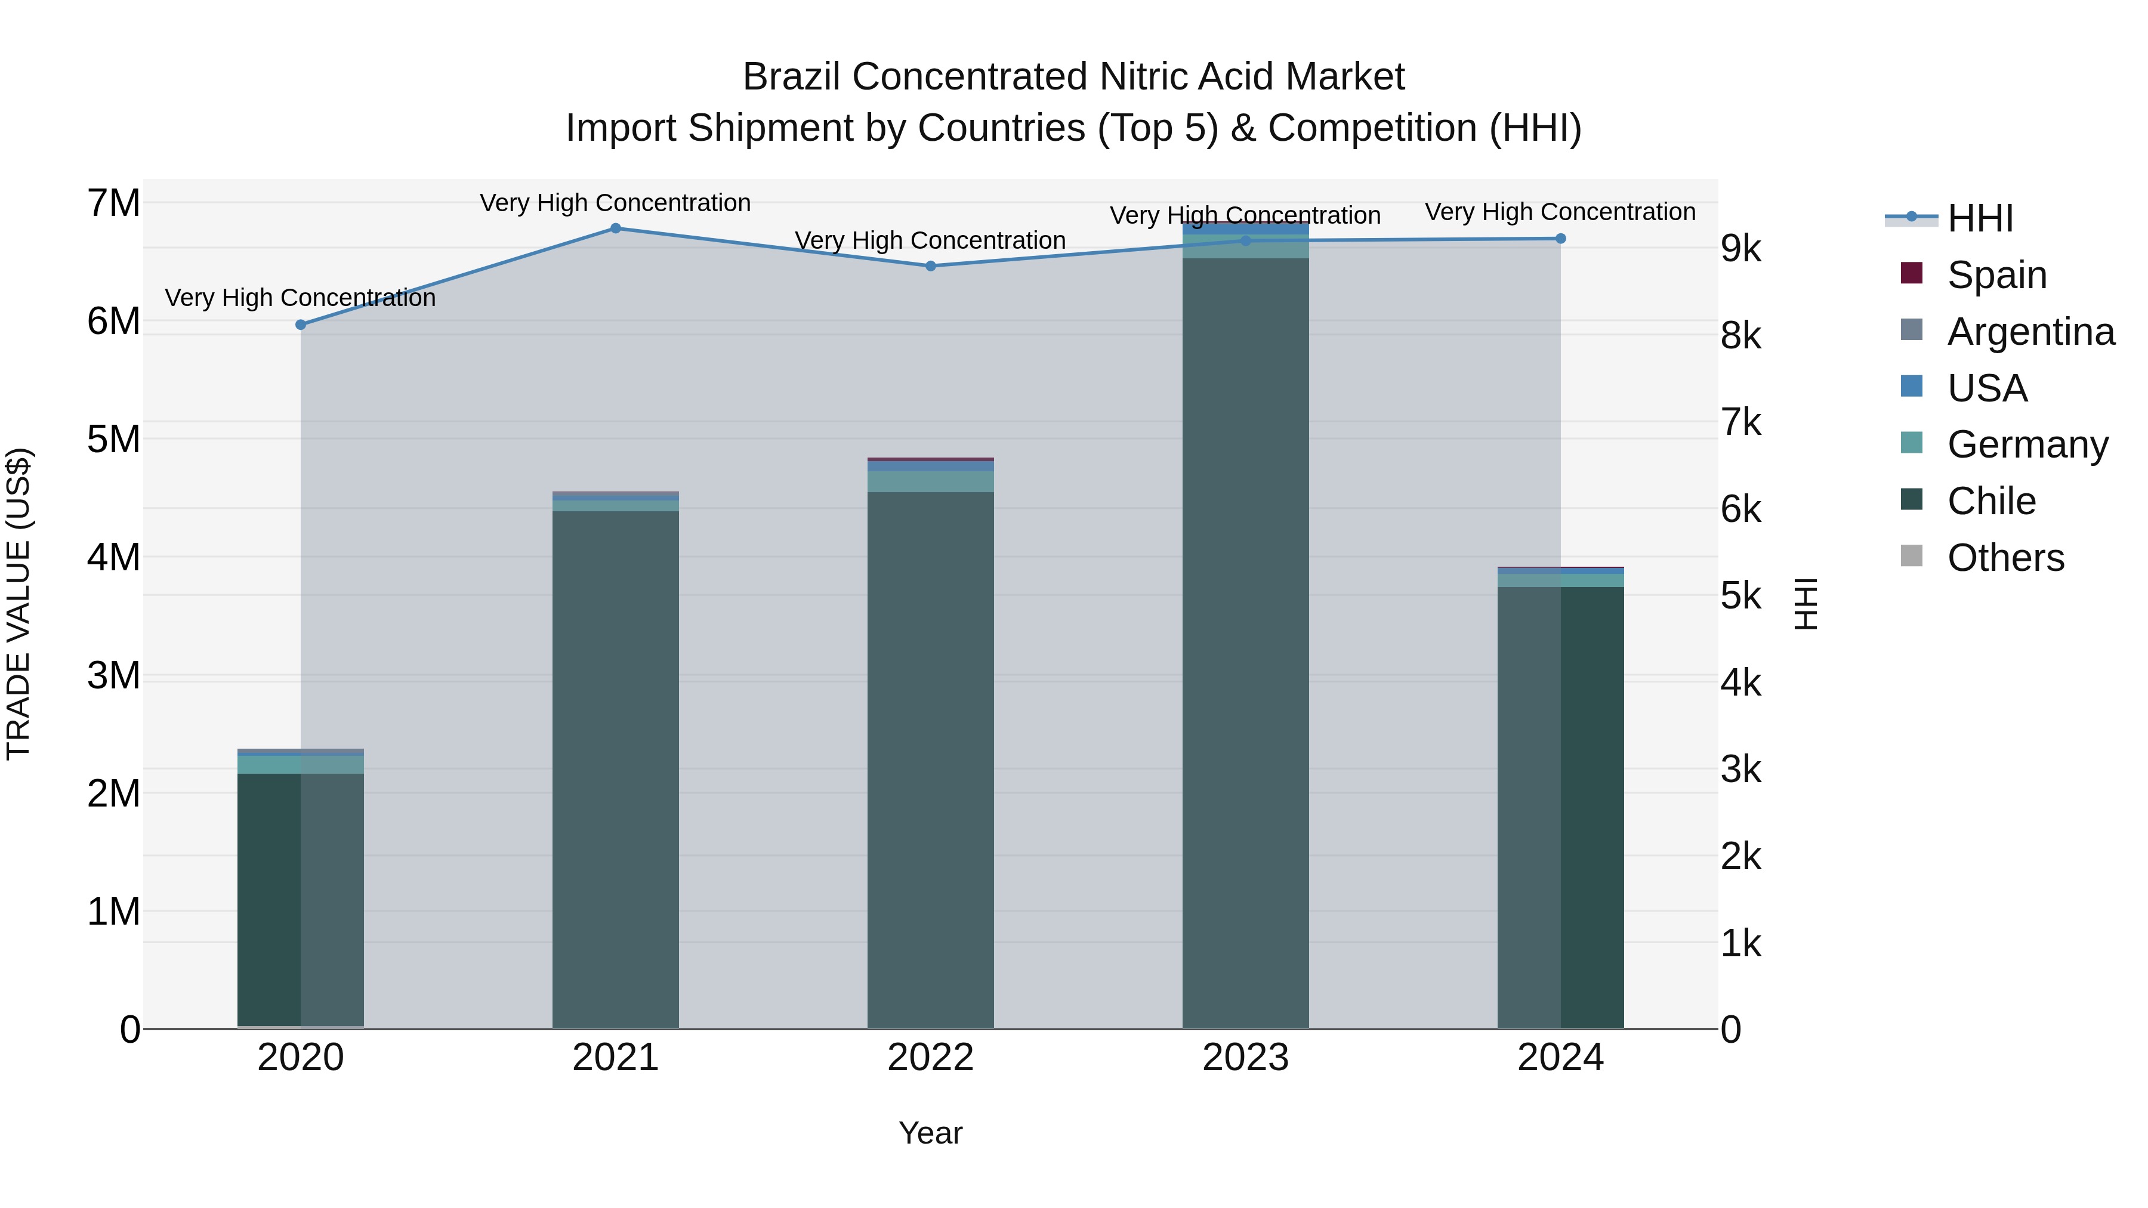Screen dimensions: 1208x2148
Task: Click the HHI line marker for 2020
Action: point(301,325)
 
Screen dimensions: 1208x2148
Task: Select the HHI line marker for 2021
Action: point(615,228)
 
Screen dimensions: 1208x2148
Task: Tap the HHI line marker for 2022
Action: point(931,266)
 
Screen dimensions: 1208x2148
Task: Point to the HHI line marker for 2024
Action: point(1560,239)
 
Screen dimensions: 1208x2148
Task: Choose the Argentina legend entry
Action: point(2030,331)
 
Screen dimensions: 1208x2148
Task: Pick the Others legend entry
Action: point(2005,558)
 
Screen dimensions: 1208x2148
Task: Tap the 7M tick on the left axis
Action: point(113,203)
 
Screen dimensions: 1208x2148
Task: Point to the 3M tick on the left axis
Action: point(113,675)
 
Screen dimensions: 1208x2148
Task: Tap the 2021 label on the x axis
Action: point(615,1058)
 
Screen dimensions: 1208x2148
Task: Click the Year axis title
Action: point(931,1133)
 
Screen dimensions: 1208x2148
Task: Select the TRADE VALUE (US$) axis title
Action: point(19,604)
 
